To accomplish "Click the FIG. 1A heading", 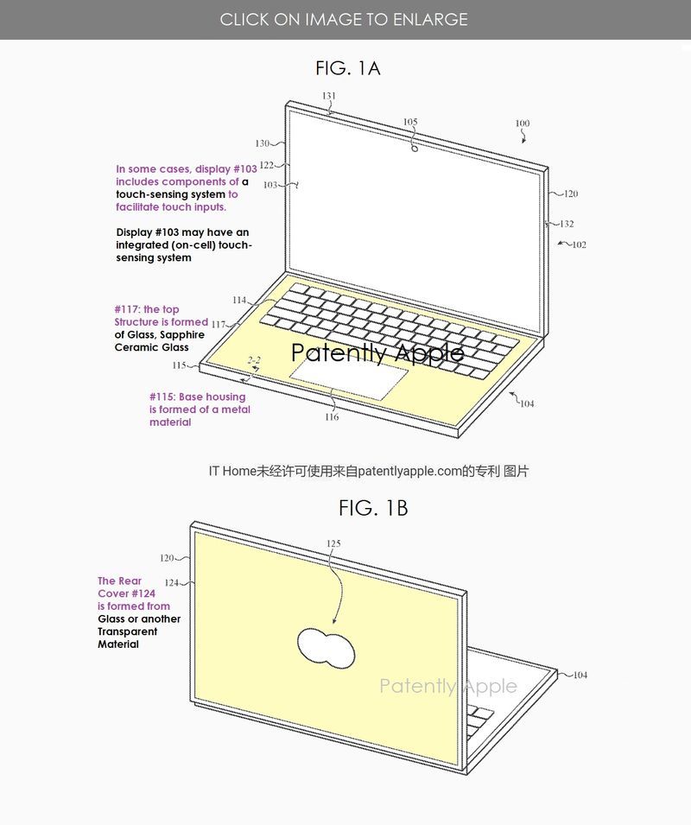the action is click(x=347, y=68).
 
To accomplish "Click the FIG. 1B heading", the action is click(x=373, y=508).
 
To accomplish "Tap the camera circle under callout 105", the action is click(x=415, y=149).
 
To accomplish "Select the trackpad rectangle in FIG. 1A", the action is click(x=349, y=379).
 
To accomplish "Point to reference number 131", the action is click(x=329, y=96).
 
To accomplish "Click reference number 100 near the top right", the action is click(x=523, y=124).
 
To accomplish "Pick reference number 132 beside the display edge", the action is click(x=567, y=224).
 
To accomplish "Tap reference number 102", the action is click(x=579, y=244).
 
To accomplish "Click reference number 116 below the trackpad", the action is click(x=332, y=417).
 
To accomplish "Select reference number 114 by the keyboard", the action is click(x=239, y=300).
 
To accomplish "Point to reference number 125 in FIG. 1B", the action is click(x=333, y=543).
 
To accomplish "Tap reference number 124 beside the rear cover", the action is click(x=172, y=582).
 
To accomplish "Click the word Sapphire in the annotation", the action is click(x=182, y=335).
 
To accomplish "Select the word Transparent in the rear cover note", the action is click(x=127, y=631).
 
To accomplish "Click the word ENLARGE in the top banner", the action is click(x=430, y=20).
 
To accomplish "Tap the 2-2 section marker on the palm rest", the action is click(x=254, y=360).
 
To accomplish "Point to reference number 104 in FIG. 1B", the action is click(x=580, y=675).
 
